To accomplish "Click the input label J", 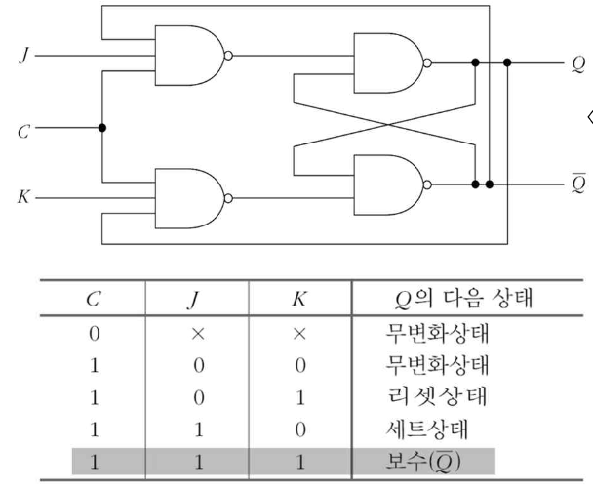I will click(x=24, y=56).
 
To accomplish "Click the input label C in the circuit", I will click(x=24, y=128).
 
